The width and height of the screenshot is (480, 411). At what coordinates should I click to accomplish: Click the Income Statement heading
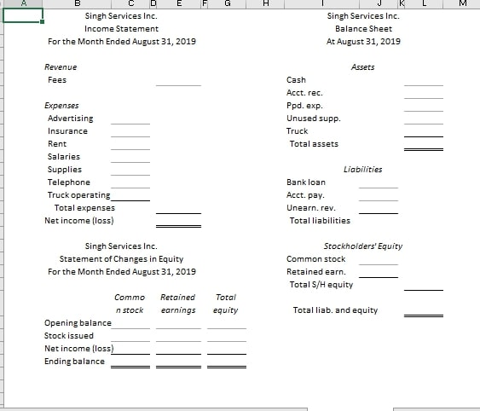click(x=121, y=28)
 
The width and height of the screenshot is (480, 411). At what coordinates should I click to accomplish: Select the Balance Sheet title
click(x=363, y=28)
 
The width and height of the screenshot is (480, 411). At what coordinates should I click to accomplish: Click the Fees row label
click(x=57, y=79)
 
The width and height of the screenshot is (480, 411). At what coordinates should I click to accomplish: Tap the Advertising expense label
click(x=71, y=118)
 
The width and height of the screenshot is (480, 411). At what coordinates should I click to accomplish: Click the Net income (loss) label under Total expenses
click(x=79, y=220)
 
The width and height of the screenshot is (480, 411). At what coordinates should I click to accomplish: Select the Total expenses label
click(x=84, y=207)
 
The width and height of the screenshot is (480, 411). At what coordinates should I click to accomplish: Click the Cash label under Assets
click(x=296, y=79)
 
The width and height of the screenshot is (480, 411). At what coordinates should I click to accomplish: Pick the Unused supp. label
click(x=313, y=118)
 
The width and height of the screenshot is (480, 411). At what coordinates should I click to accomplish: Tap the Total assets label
click(x=314, y=143)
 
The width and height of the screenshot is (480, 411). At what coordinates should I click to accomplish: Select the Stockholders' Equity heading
click(x=363, y=246)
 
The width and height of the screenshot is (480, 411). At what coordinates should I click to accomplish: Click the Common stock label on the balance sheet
click(x=316, y=258)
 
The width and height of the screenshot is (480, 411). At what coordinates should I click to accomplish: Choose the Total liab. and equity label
click(x=335, y=310)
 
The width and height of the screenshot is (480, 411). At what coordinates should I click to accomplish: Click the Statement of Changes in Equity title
click(x=121, y=258)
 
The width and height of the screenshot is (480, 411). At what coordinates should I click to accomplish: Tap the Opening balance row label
click(x=78, y=322)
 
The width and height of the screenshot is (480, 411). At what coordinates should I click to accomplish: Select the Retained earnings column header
click(x=177, y=304)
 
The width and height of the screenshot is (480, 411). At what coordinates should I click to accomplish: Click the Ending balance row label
click(x=75, y=361)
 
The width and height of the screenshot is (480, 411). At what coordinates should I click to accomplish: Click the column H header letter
click(x=267, y=3)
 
